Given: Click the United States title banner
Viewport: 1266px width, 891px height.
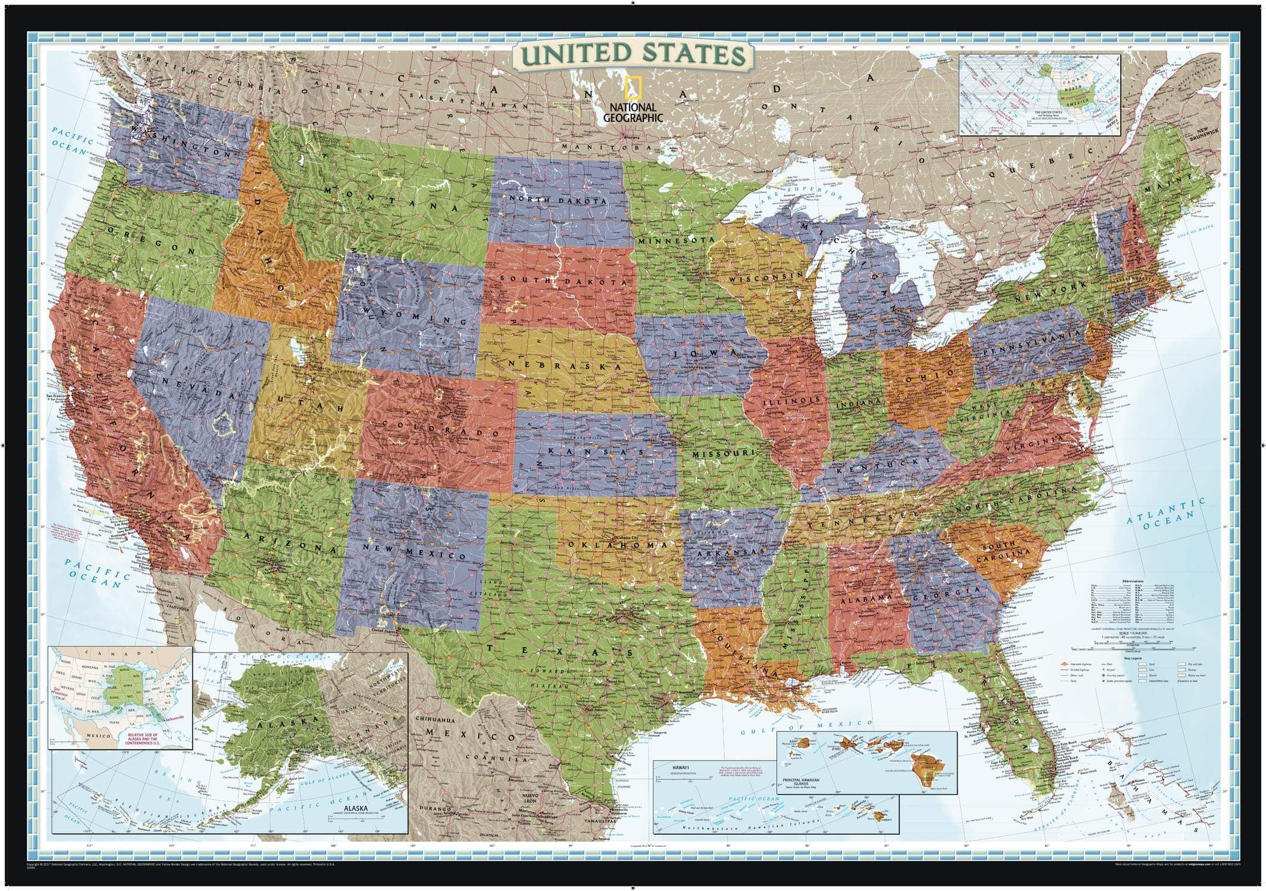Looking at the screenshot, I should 632,54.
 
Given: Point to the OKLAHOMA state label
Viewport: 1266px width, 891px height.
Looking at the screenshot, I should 617,545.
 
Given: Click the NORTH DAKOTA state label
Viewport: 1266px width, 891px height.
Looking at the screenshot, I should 554,199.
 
